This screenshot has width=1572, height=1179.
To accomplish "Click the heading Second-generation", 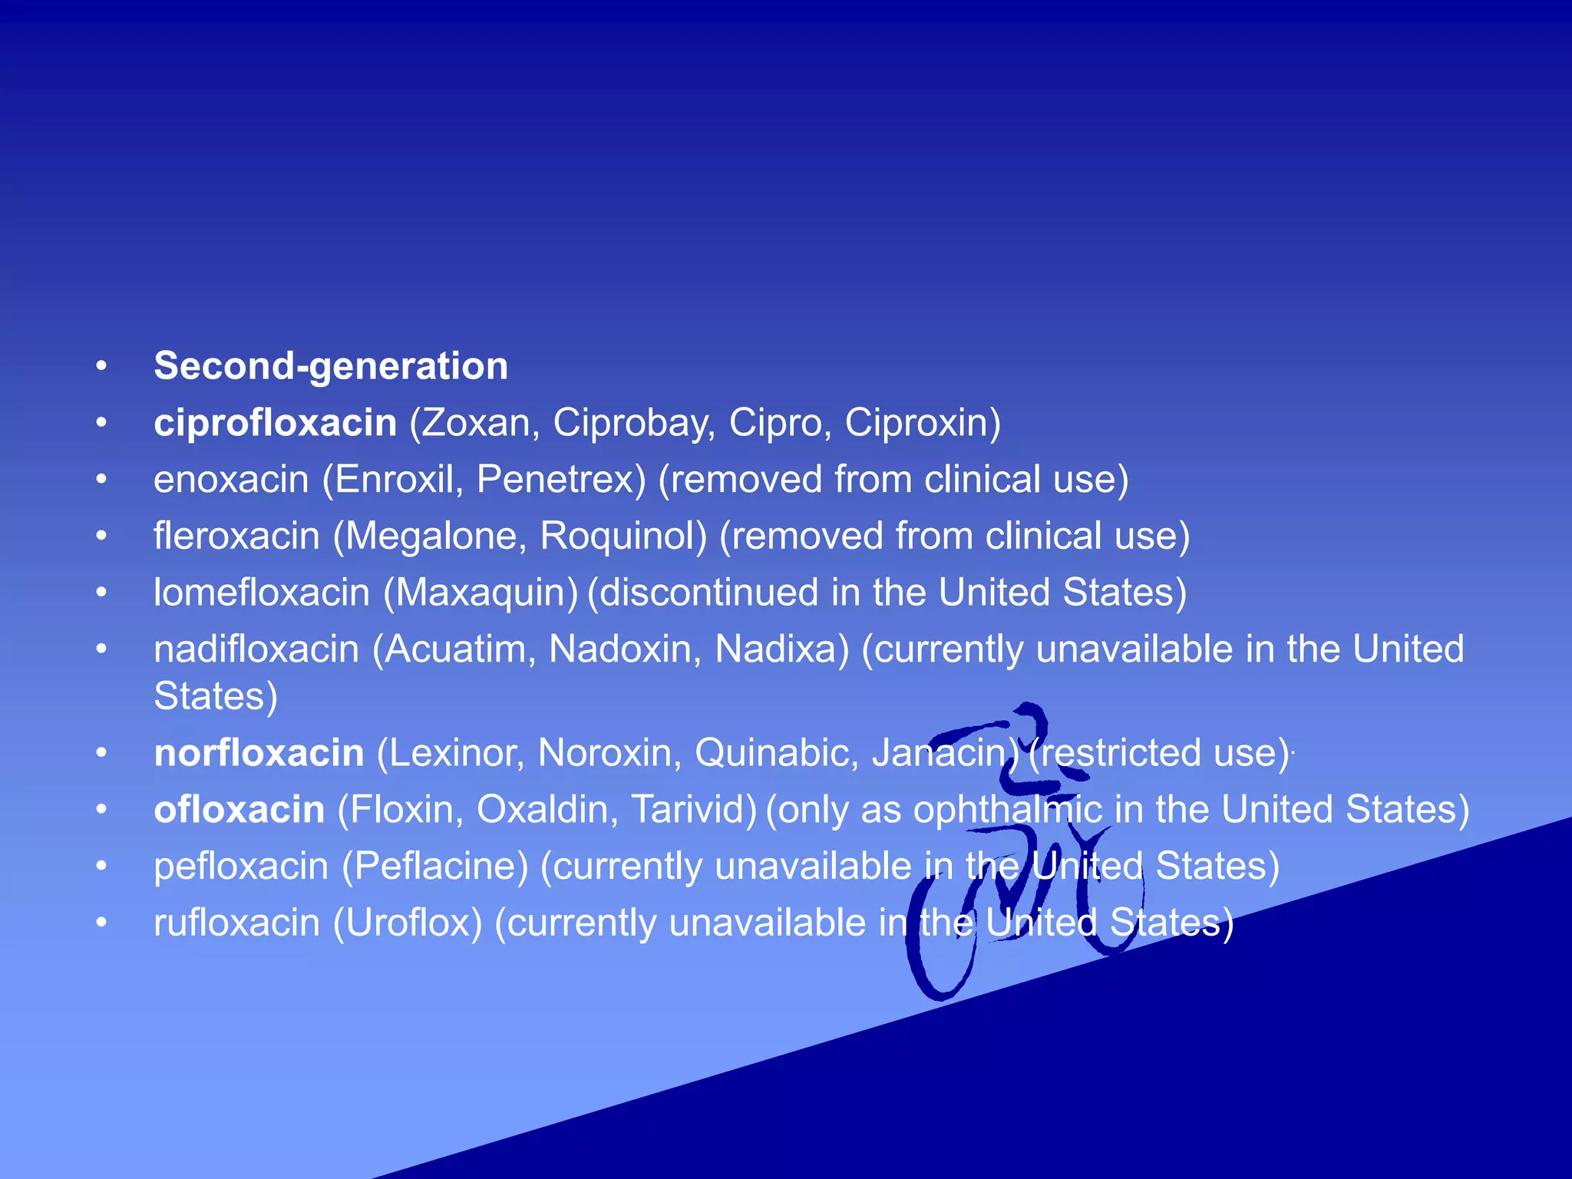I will click(331, 366).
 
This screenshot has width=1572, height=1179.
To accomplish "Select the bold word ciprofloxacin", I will click(275, 423).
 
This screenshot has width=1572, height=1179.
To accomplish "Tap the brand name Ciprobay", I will click(634, 423).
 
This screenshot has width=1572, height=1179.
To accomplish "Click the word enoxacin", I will click(230, 480).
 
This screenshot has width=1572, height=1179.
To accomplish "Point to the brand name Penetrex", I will click(561, 480).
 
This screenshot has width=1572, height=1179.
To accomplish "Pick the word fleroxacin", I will click(236, 536).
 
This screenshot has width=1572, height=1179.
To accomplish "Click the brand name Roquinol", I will click(623, 536).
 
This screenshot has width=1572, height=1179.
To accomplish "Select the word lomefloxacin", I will click(262, 593).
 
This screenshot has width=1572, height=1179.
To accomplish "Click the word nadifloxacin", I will click(256, 649).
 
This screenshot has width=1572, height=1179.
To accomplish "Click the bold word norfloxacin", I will click(259, 753).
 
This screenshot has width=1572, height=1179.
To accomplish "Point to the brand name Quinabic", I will click(776, 753).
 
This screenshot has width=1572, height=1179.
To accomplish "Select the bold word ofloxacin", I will click(239, 810).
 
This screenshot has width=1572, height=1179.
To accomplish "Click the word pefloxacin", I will click(241, 867).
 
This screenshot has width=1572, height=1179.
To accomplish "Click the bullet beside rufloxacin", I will click(101, 923).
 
